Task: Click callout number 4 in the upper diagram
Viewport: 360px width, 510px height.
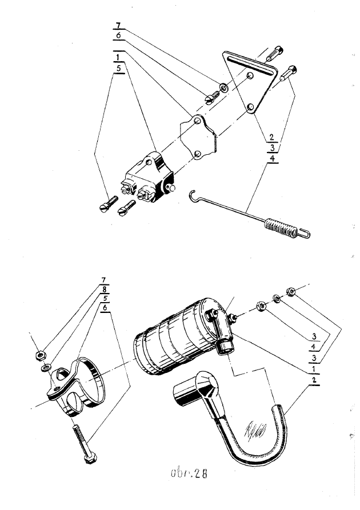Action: pos(273,158)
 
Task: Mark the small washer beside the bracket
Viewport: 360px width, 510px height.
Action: pos(222,88)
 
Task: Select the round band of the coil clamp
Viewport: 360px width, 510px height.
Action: pos(94,380)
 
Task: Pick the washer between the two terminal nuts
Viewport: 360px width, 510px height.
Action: pos(276,298)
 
